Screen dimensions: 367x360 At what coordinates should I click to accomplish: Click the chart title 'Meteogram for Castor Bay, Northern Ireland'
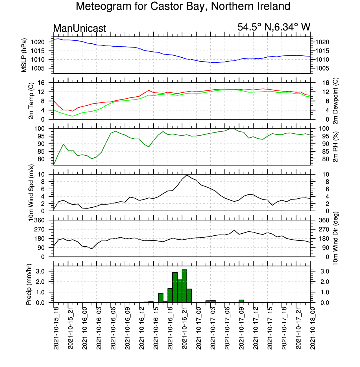pyautogui.click(x=183, y=6)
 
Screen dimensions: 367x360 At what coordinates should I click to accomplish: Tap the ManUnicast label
pyautogui.click(x=80, y=28)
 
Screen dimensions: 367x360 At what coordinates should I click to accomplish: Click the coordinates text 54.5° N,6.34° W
pyautogui.click(x=274, y=27)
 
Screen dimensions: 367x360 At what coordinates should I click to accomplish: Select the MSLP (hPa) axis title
pyautogui.click(x=24, y=55)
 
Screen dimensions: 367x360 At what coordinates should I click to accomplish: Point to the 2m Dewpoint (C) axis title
pyautogui.click(x=335, y=101)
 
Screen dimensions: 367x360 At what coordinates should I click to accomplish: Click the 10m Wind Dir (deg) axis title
pyautogui.click(x=335, y=238)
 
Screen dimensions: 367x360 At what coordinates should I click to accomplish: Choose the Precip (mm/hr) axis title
pyautogui.click(x=29, y=284)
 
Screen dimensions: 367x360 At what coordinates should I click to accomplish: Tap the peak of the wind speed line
pyautogui.click(x=187, y=175)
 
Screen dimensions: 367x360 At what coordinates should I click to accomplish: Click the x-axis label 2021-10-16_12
pyautogui.click(x=142, y=329)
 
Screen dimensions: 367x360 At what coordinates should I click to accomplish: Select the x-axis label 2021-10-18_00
pyautogui.click(x=313, y=329)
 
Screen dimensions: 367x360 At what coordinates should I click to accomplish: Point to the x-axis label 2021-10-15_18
pyautogui.click(x=56, y=329)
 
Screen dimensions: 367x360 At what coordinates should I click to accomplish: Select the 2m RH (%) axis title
pyautogui.click(x=335, y=147)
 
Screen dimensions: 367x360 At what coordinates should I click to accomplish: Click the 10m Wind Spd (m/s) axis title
pyautogui.click(x=31, y=193)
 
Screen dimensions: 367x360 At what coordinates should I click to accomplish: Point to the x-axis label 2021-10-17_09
pyautogui.click(x=242, y=329)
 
